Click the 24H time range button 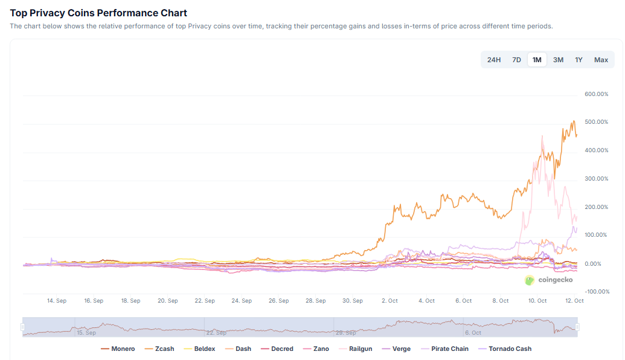point(494,60)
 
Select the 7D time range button point(516,60)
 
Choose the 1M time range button point(537,60)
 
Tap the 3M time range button point(558,60)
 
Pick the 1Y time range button point(579,60)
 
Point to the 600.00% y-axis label point(596,94)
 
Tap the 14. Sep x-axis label point(57,301)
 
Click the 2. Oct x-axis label point(389,301)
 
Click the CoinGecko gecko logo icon point(530,280)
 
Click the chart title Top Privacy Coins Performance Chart point(98,13)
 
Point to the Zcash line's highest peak point(573,121)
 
